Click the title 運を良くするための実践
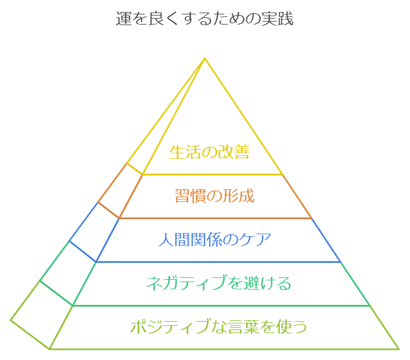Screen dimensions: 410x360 205,19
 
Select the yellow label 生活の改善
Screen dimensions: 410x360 210,152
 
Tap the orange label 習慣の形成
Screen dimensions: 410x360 215,196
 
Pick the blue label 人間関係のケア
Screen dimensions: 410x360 215,240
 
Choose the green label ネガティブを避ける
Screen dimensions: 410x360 219,283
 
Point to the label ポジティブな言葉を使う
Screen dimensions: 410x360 219,326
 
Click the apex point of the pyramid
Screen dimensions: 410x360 205,58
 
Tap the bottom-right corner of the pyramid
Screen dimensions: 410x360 399,349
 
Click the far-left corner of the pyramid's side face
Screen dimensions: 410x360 10,320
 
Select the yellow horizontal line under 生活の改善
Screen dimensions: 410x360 213,174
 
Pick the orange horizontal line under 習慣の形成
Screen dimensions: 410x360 215,218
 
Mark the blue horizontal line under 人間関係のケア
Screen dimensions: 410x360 218,262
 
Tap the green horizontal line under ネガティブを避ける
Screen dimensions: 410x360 221,305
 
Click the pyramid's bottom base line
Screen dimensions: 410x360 224,349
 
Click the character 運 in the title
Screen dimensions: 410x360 124,19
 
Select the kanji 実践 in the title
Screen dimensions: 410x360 278,19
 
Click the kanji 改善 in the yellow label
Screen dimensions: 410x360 234,152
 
